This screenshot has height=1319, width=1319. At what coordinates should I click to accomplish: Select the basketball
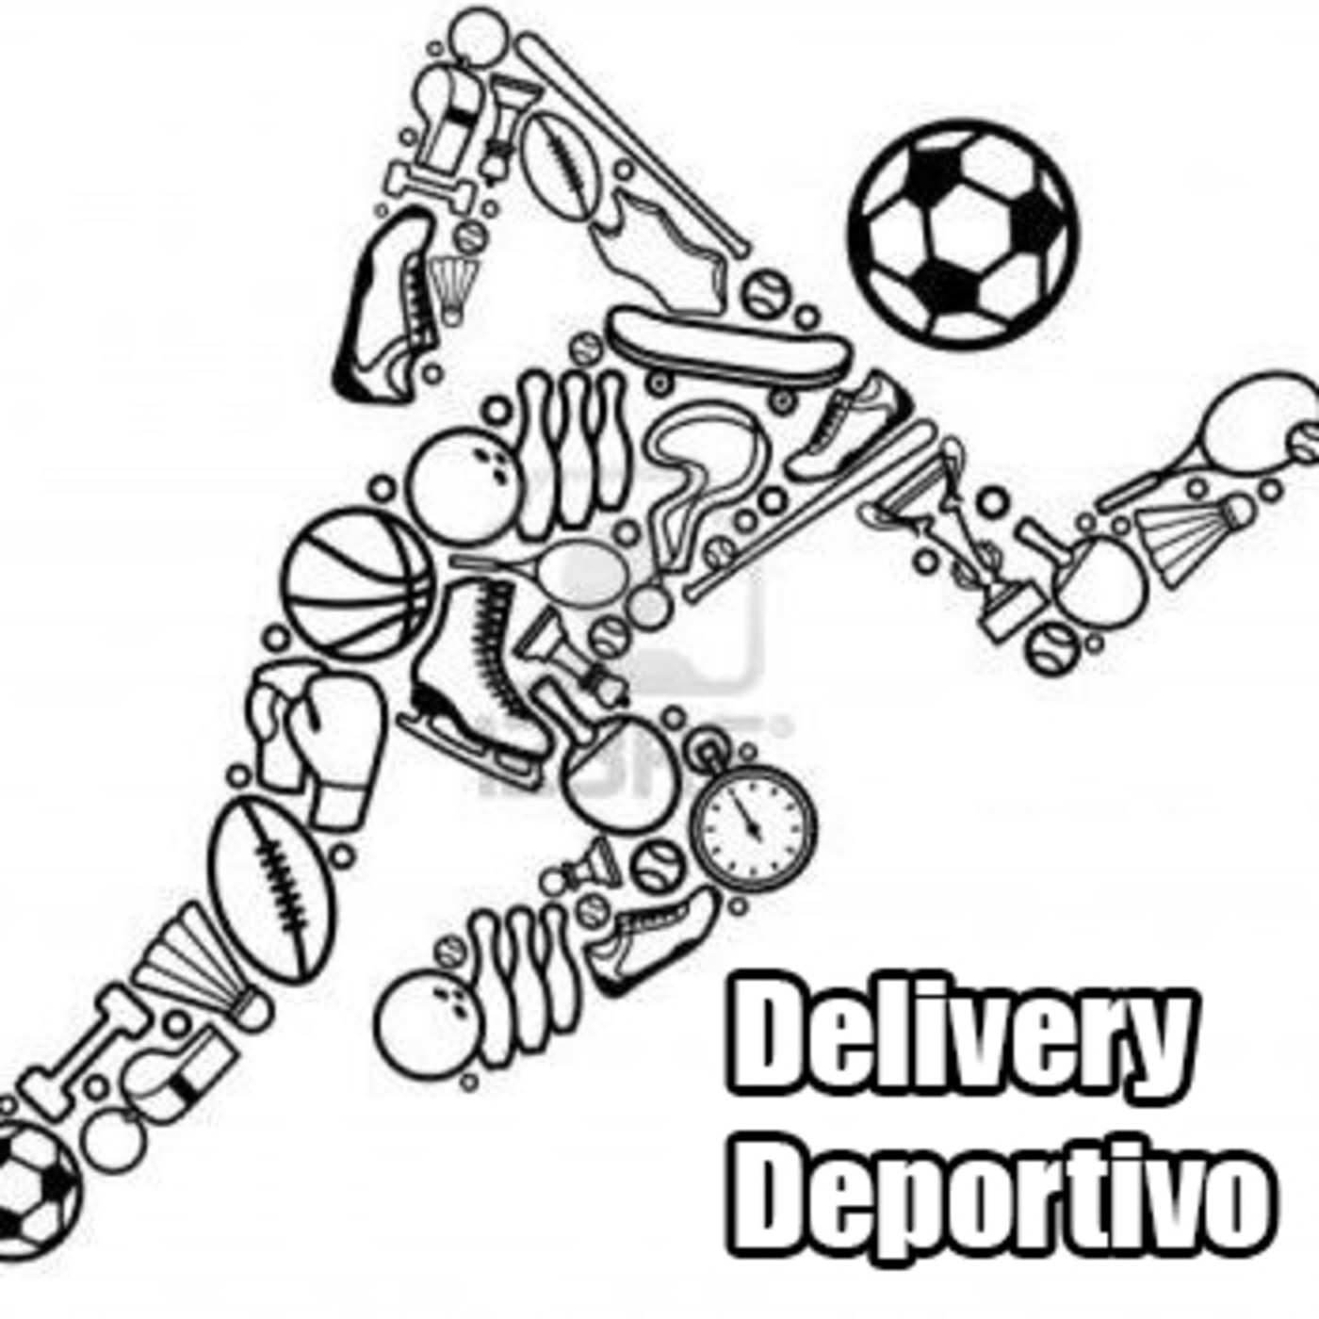(x=359, y=585)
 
